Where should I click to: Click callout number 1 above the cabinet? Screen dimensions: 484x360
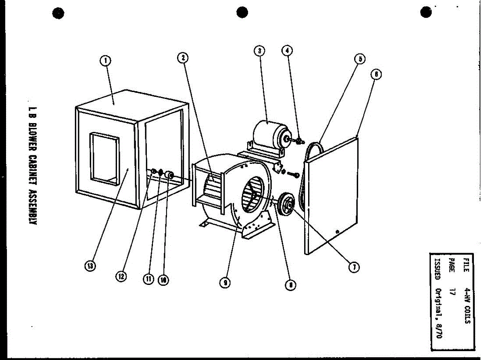105,61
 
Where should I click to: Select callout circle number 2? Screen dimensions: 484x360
183,58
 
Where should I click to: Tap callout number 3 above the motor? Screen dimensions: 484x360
259,51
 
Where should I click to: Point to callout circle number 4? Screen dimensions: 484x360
287,50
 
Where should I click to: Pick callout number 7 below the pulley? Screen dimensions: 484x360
354,267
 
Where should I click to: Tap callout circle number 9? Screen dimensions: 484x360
225,283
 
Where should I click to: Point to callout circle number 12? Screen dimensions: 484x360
121,276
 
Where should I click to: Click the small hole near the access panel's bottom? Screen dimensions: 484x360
338,232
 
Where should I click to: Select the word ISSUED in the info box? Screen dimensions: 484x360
438,266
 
